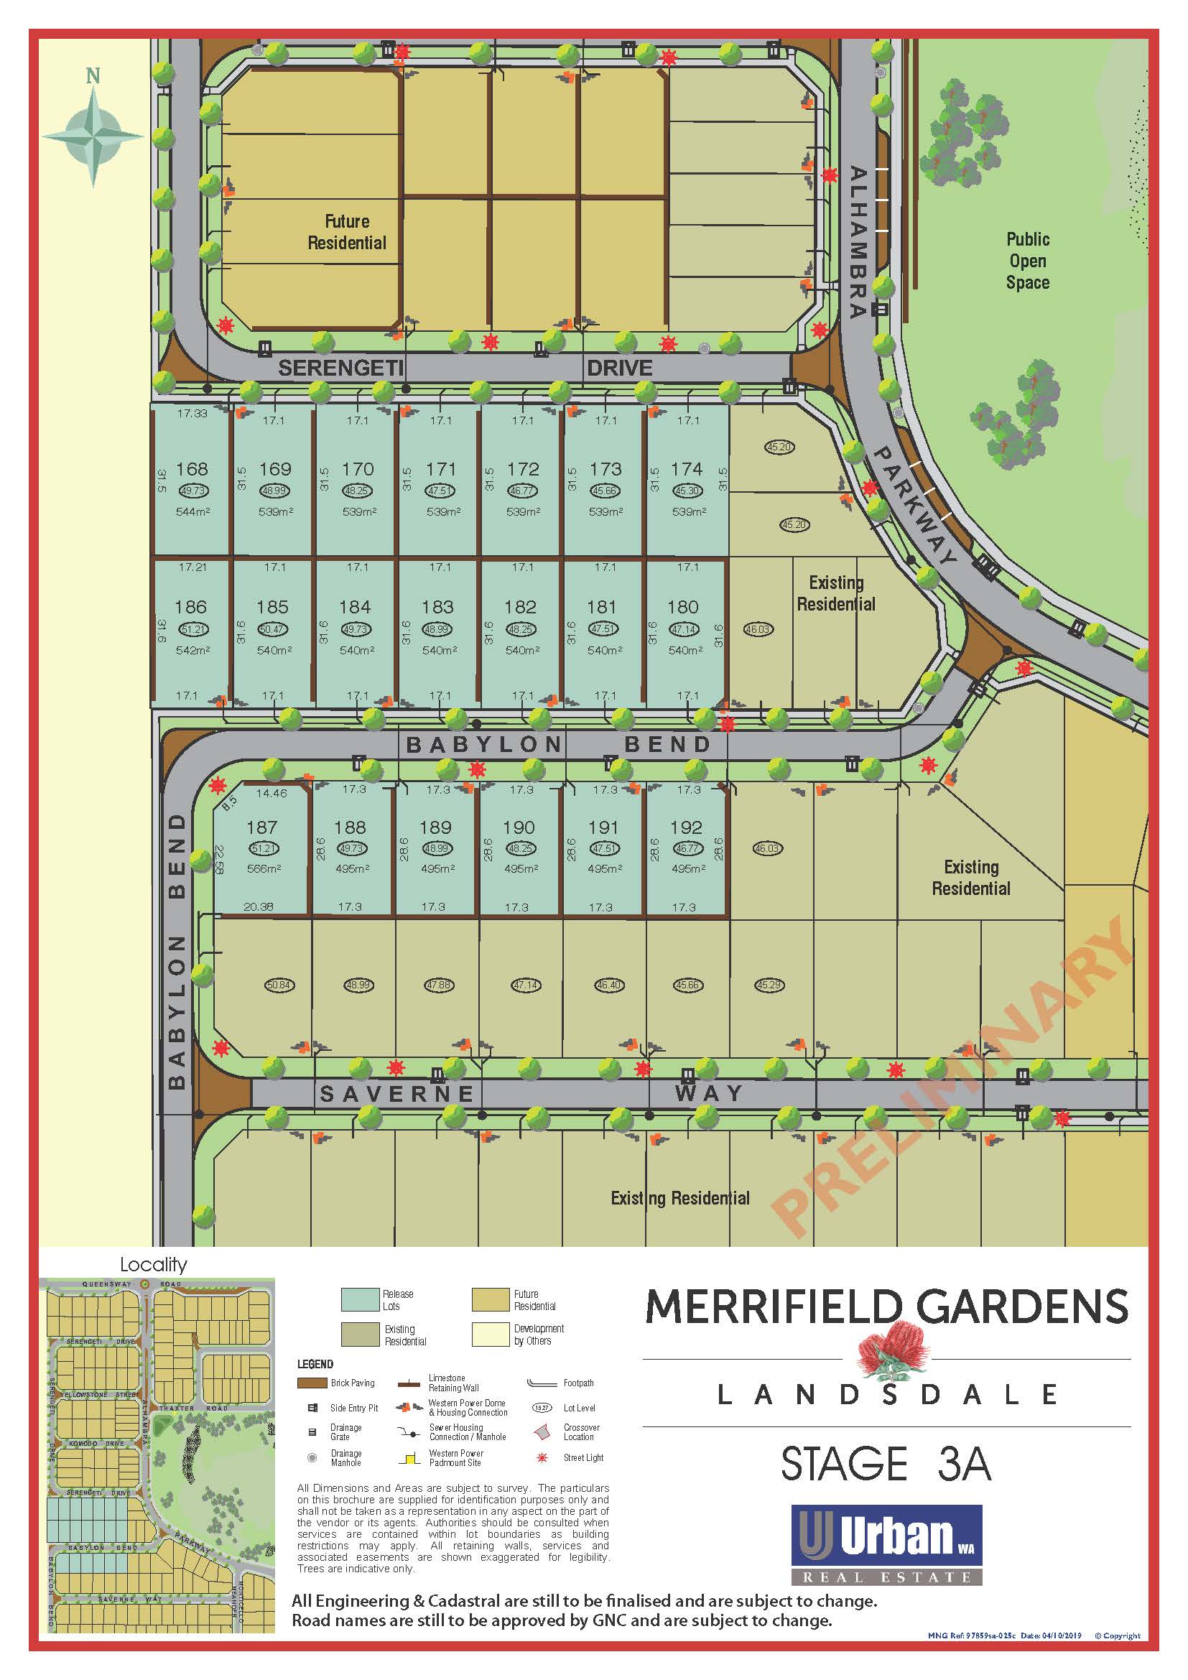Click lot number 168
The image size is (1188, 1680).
(192, 469)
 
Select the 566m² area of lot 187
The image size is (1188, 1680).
(264, 868)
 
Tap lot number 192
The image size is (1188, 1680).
(686, 827)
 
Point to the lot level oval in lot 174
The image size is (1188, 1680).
(686, 491)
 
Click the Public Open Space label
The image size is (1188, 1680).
(1027, 261)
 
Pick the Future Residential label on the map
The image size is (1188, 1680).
(347, 232)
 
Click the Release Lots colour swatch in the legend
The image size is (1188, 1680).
(359, 1299)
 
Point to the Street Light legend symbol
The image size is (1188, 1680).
(542, 1457)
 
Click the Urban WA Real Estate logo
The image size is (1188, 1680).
(886, 1544)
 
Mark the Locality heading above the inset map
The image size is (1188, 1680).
(154, 1264)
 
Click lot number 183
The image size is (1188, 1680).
(437, 607)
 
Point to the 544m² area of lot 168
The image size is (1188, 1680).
(192, 511)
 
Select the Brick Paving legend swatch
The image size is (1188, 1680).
(312, 1383)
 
